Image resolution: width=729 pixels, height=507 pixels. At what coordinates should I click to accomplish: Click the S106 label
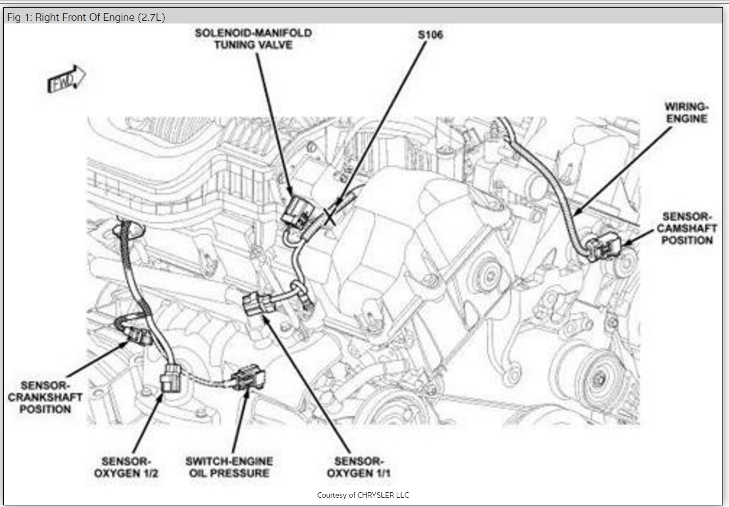[430, 35]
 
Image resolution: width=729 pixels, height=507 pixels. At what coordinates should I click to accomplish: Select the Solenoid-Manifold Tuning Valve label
[253, 39]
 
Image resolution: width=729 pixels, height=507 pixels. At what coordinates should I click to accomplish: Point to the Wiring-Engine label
[686, 113]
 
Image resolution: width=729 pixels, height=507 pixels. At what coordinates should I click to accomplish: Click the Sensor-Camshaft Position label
[686, 228]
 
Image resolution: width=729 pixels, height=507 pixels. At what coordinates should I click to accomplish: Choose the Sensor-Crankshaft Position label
[45, 397]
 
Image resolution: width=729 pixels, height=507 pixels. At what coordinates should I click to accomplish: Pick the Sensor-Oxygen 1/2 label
[126, 468]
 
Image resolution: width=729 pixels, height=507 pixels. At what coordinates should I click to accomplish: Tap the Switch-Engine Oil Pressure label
[229, 468]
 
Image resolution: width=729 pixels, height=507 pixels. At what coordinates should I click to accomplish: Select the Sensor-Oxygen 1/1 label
[358, 468]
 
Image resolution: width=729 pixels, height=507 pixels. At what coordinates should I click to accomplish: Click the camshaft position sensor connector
[603, 250]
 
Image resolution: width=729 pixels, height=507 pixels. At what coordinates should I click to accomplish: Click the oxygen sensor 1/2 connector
[170, 378]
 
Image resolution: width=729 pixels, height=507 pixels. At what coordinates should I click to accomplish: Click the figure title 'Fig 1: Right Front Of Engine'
[71, 17]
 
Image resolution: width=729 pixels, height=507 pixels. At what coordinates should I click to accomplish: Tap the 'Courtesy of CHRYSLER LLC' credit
[363, 495]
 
